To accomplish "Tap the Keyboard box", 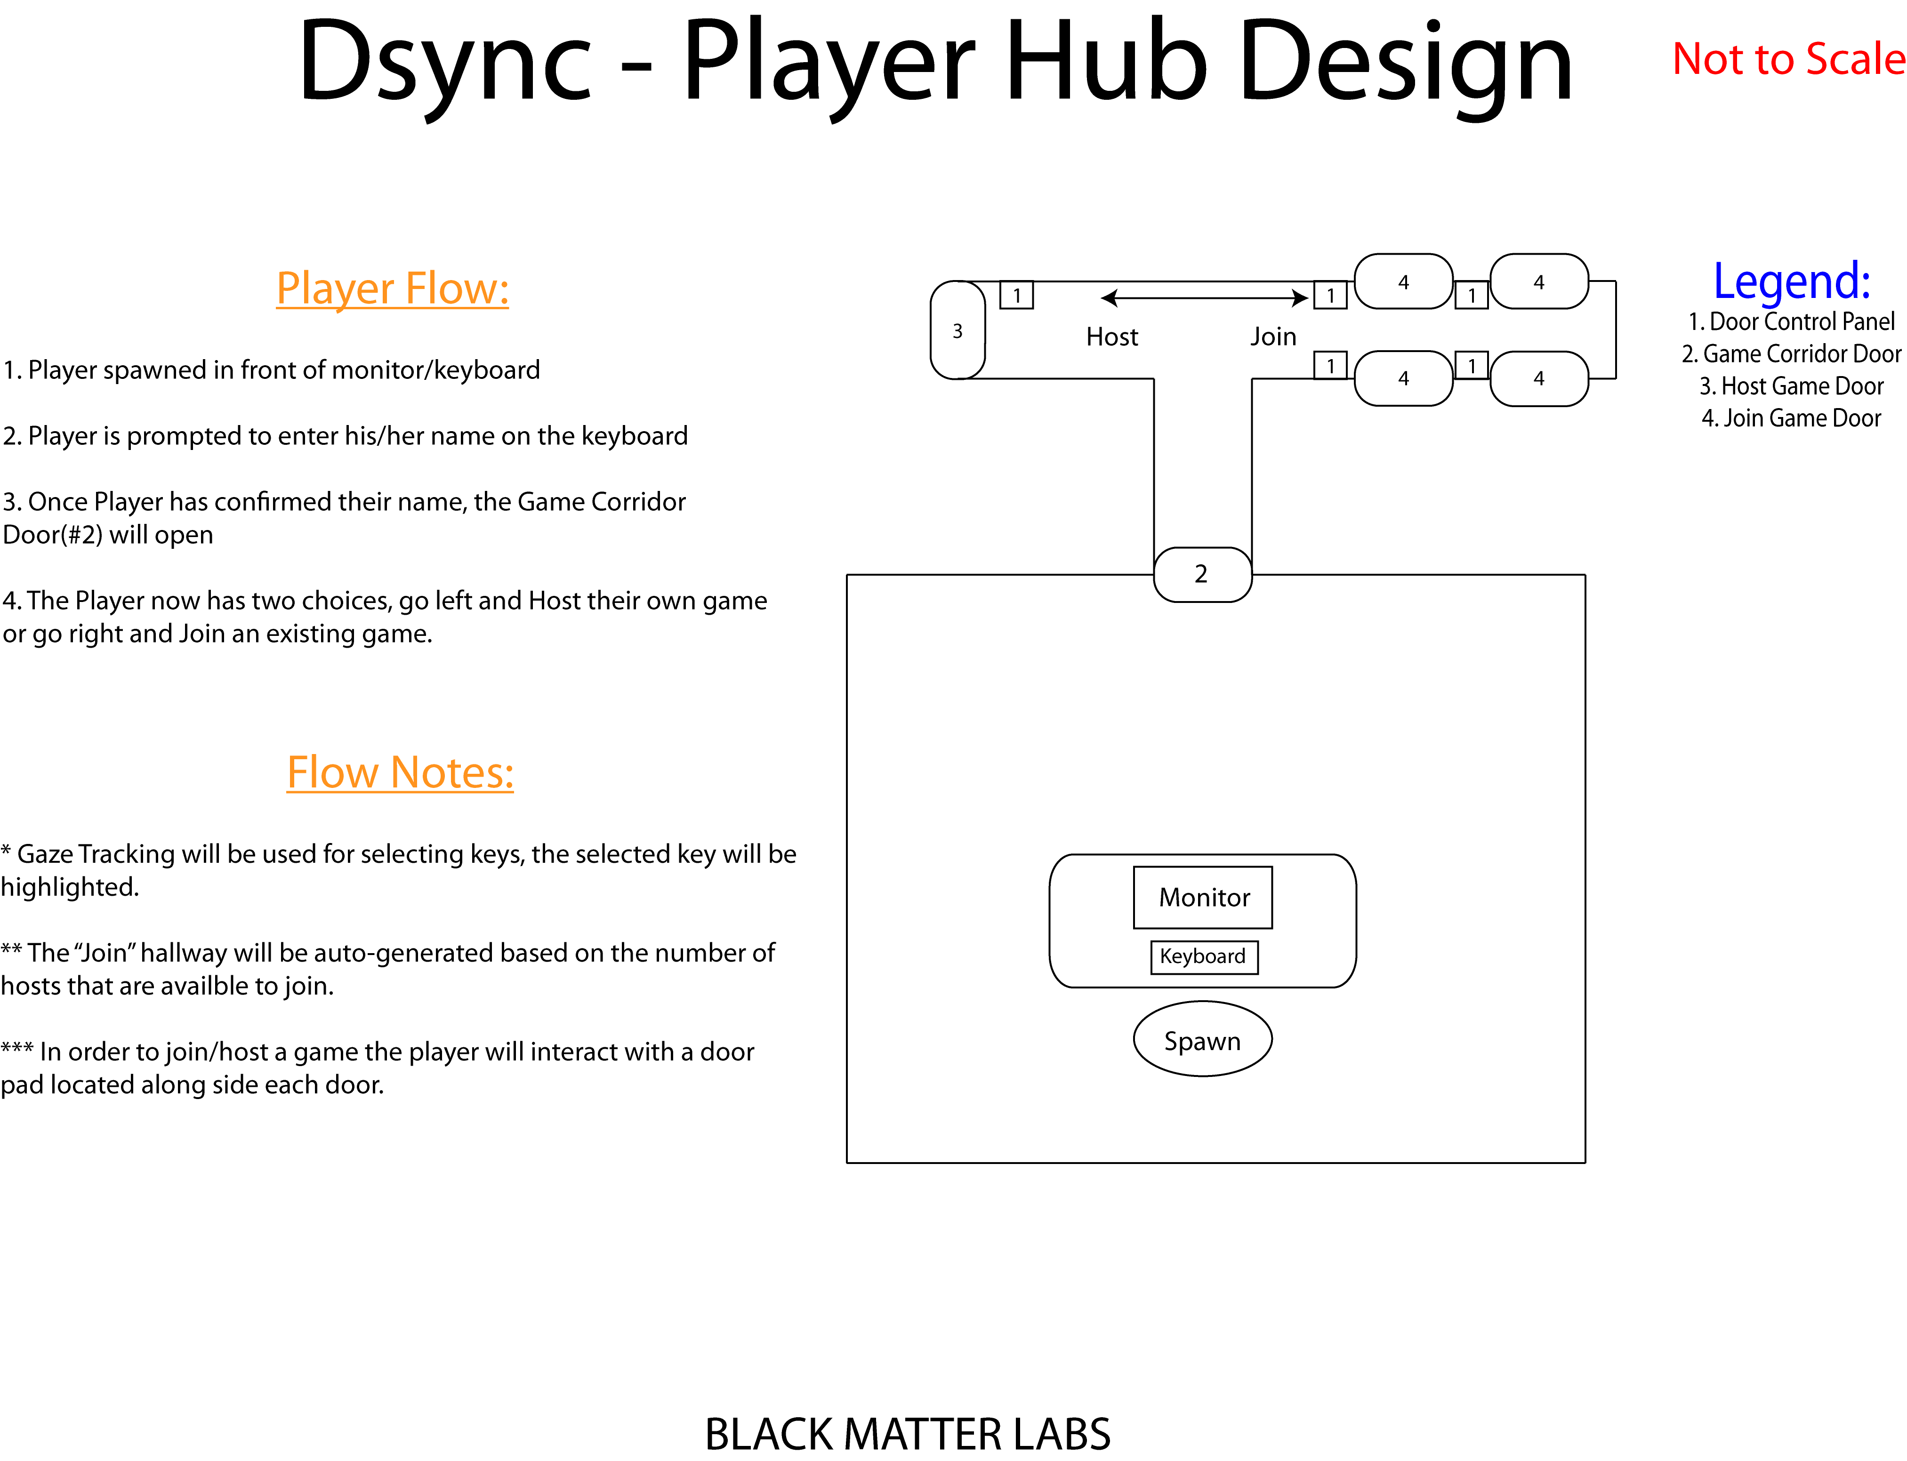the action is [1204, 956].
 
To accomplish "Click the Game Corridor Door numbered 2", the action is [1202, 574].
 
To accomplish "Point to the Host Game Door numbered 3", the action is [958, 330].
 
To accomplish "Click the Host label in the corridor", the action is [1111, 337].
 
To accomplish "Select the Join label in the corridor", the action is [1273, 337].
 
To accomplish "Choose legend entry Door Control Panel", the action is [1791, 322].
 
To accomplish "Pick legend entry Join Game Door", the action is [1791, 418].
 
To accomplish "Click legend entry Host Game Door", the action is [1791, 386].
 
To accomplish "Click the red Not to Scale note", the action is [1789, 59].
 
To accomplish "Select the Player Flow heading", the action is [392, 288].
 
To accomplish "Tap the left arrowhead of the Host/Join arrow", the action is [1108, 298].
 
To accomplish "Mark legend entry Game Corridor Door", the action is [1791, 354].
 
